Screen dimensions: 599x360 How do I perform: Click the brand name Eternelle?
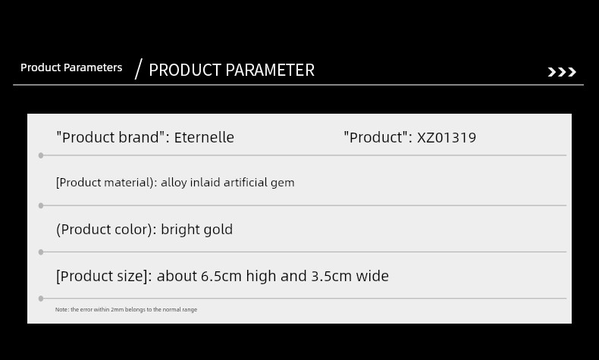click(204, 137)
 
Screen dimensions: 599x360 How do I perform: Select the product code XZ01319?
click(447, 138)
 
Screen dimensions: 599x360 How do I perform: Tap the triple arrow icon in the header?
click(562, 72)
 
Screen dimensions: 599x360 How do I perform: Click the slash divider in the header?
click(139, 69)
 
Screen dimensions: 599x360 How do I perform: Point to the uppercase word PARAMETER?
click(270, 70)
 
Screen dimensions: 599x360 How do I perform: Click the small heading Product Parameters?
click(71, 67)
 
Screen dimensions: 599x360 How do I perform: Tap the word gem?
click(283, 183)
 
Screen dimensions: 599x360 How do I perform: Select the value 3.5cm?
click(331, 276)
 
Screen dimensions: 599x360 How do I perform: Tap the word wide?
click(372, 276)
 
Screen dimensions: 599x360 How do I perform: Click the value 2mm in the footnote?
click(118, 310)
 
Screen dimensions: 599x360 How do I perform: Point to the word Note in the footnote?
click(61, 310)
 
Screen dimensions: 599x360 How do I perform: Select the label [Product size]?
click(104, 276)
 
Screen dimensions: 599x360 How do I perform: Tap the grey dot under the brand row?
click(41, 155)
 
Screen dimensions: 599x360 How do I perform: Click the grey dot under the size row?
click(41, 299)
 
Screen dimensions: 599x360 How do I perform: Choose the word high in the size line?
click(261, 276)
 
